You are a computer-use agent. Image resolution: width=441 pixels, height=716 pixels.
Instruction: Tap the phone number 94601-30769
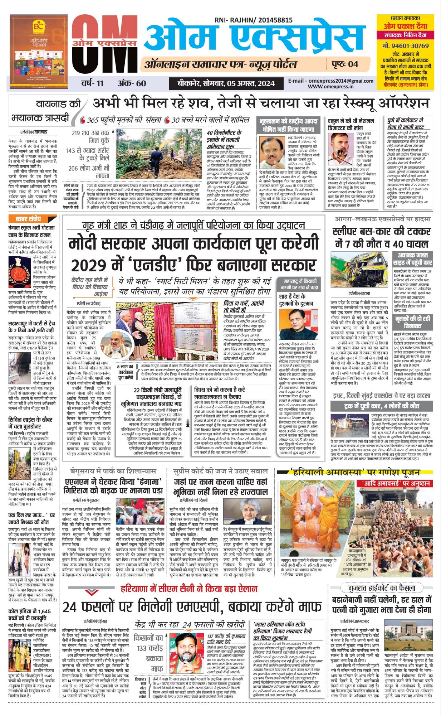pos(405,46)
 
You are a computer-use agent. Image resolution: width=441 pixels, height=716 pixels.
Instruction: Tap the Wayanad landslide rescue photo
pos(160,154)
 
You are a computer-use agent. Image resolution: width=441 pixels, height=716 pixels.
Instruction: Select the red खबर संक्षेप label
pos(28,219)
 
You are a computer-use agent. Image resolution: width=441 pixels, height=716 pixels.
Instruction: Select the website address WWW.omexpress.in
pos(330,86)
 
